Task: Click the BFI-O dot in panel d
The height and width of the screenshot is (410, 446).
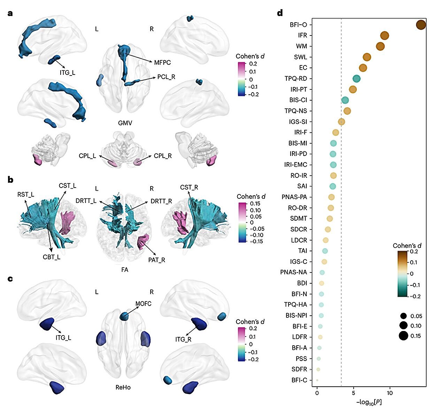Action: (x=421, y=25)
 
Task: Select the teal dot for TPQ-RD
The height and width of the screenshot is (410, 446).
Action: (x=356, y=79)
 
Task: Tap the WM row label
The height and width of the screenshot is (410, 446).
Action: (x=301, y=46)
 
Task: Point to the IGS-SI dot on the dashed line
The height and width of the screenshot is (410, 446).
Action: (x=341, y=122)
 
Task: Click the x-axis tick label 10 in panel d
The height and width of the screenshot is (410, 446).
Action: (x=390, y=393)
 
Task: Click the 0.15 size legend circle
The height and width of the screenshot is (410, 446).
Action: (x=403, y=336)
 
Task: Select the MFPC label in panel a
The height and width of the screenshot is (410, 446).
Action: (x=162, y=63)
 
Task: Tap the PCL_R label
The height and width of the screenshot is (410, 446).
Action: (x=166, y=77)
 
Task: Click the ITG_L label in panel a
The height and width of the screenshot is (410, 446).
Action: (x=67, y=73)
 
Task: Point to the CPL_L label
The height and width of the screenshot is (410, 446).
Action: (x=87, y=156)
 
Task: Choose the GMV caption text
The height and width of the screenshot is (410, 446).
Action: (x=125, y=123)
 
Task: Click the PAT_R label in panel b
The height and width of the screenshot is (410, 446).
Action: (x=156, y=260)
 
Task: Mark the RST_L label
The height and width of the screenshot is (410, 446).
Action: (x=26, y=195)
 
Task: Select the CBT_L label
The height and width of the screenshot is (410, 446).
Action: (x=52, y=257)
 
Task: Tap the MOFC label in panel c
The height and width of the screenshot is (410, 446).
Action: (x=143, y=303)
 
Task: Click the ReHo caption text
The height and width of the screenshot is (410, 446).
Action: (x=123, y=387)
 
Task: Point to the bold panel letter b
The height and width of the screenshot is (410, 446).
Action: (x=10, y=180)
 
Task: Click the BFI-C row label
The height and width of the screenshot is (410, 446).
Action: (x=299, y=380)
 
